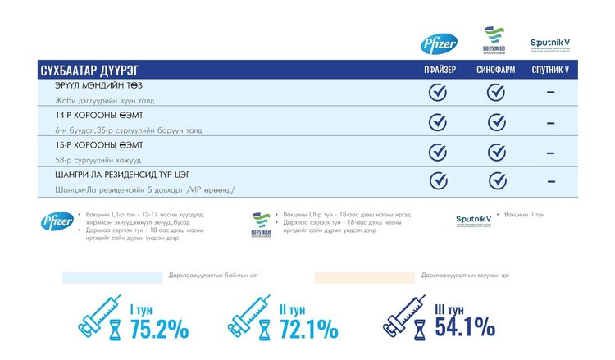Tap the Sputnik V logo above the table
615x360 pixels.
pyautogui.click(x=550, y=43)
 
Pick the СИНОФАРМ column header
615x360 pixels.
pyautogui.click(x=495, y=71)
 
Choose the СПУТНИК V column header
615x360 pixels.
pyautogui.click(x=550, y=71)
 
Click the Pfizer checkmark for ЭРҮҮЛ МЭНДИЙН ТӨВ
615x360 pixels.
pyautogui.click(x=439, y=92)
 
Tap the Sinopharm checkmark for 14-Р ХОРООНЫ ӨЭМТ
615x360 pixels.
pyautogui.click(x=495, y=122)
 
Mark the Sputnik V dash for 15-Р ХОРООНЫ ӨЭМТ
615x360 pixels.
pyautogui.click(x=550, y=153)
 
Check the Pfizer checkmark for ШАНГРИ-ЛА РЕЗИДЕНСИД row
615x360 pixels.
pyautogui.click(x=439, y=180)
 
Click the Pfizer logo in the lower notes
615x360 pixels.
pyautogui.click(x=57, y=221)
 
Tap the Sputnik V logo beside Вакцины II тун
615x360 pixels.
pyautogui.click(x=475, y=219)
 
